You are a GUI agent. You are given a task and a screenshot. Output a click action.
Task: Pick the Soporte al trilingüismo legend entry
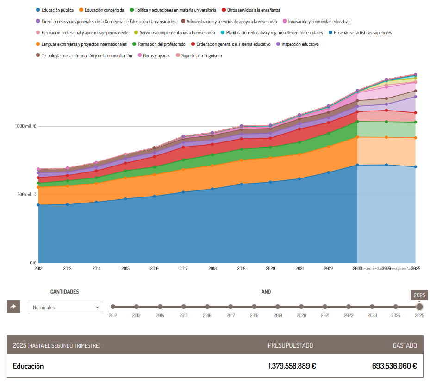(x=201, y=56)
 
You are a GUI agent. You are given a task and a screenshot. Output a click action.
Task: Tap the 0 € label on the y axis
(x=32, y=263)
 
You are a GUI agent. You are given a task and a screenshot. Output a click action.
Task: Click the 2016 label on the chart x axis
(x=155, y=268)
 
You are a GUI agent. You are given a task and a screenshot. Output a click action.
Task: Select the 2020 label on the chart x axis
(x=270, y=268)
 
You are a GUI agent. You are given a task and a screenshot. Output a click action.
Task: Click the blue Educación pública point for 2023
(x=357, y=165)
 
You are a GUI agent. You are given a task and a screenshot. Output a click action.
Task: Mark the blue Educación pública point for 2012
(x=38, y=205)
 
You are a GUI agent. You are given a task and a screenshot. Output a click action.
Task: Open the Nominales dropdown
(x=64, y=307)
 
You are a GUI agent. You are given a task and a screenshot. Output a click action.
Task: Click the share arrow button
(x=13, y=307)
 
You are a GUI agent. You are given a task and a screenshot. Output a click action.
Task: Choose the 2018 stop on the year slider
(x=254, y=307)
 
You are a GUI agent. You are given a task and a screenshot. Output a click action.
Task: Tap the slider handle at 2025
(x=419, y=307)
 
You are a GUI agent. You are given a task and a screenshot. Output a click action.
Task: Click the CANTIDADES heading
(x=64, y=292)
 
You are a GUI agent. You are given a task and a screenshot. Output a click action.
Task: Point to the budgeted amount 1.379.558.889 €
(x=292, y=366)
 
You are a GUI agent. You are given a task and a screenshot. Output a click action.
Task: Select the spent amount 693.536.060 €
(x=394, y=366)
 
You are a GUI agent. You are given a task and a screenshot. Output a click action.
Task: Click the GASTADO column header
(x=405, y=345)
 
